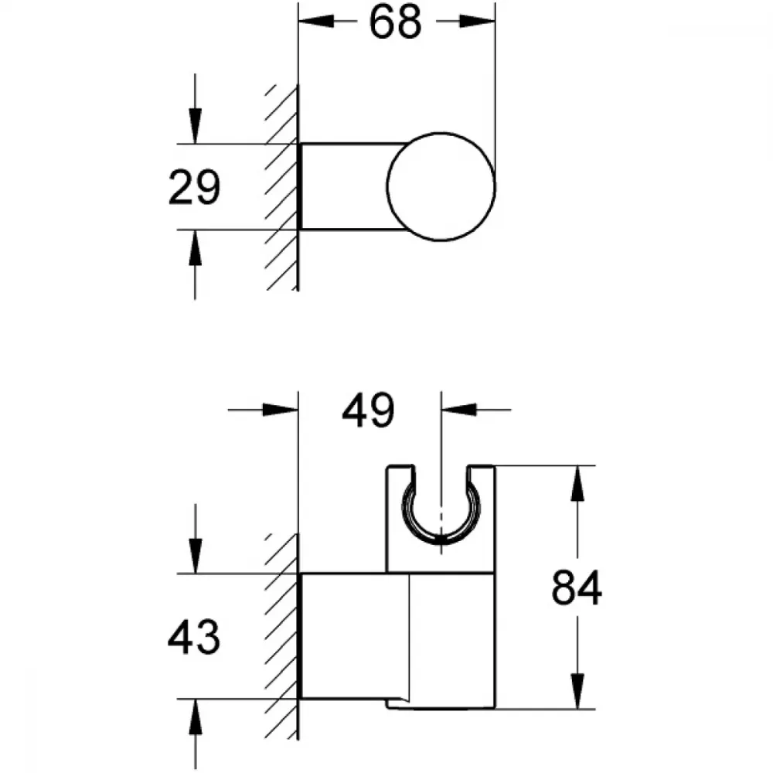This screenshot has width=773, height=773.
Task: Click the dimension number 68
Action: [x=395, y=22]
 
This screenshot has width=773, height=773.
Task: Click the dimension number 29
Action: [x=194, y=187]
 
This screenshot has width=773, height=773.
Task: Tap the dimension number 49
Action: [x=368, y=410]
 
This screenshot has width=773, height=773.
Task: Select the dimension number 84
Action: [x=577, y=587]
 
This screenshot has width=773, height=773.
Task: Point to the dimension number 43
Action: [x=194, y=637]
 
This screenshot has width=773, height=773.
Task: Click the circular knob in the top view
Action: [x=441, y=187]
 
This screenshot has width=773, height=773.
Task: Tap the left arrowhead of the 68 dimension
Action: [x=316, y=21]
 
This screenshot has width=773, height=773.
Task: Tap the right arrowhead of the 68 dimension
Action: [x=477, y=21]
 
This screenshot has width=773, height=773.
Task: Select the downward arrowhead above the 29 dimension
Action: [x=196, y=126]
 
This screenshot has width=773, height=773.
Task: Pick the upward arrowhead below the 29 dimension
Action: [x=196, y=247]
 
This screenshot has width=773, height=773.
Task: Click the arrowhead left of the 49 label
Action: [x=281, y=409]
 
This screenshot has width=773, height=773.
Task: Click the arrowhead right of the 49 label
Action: [x=459, y=409]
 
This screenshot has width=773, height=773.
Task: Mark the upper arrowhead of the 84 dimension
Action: [x=577, y=483]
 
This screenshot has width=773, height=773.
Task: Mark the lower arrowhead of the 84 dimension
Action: [x=577, y=691]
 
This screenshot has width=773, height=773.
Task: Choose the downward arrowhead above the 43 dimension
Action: [x=196, y=556]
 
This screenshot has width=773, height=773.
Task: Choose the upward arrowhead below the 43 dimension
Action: [x=196, y=717]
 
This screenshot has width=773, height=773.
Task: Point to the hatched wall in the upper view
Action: [x=282, y=187]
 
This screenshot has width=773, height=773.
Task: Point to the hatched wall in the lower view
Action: [x=282, y=636]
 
